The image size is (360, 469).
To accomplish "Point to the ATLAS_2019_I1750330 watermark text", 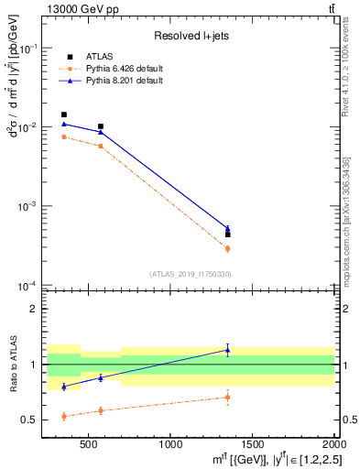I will [190, 274].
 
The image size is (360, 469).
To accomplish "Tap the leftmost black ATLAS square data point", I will [64, 115].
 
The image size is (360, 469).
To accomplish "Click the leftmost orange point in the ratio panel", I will [64, 416].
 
